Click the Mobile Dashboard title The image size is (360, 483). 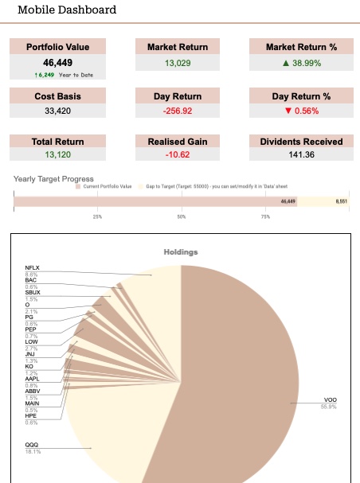point(67,10)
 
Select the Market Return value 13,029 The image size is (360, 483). point(178,62)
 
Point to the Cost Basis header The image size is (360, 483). point(57,96)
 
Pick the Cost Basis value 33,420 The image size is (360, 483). point(57,111)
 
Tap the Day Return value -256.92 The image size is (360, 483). point(178,111)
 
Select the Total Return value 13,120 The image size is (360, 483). point(57,155)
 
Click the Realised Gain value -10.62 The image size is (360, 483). point(178,155)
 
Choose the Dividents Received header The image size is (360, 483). point(301,142)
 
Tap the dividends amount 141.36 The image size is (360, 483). point(301,155)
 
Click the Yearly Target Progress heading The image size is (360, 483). point(54,179)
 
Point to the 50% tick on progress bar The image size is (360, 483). point(182,216)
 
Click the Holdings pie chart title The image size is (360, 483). point(180,252)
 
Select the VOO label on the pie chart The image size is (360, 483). point(330,399)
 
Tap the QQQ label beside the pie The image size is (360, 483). point(33,446)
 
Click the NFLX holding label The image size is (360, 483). point(33,268)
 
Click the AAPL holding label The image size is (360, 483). point(33,379)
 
